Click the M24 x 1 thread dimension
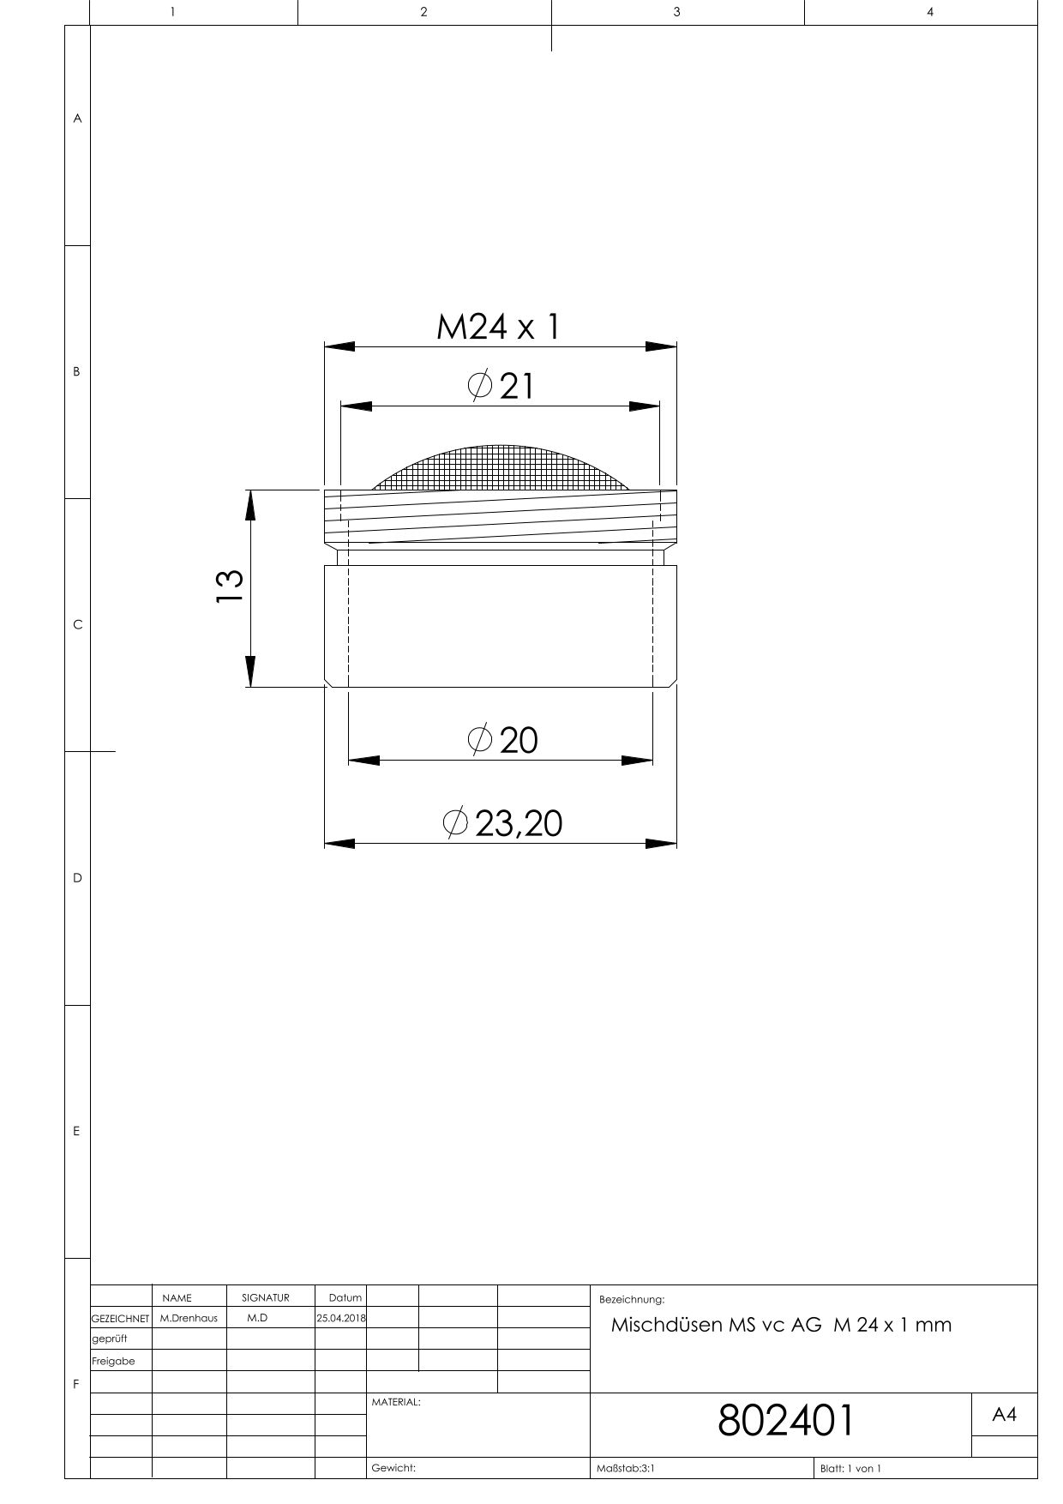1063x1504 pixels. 498,327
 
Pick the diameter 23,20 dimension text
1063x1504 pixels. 503,823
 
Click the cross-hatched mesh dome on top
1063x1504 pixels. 501,468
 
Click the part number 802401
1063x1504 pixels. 785,1420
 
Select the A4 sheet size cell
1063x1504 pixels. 1004,1415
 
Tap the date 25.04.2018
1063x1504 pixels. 341,1318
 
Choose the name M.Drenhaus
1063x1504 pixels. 189,1318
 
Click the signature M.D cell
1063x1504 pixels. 257,1318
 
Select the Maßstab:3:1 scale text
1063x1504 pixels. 626,1468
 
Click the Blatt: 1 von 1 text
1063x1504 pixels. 850,1468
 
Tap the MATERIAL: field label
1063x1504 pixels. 395,1402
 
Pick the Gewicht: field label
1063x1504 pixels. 393,1468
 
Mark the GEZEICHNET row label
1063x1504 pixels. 120,1319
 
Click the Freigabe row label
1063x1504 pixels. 113,1361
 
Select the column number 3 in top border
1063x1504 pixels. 677,12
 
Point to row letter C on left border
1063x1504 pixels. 77,624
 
